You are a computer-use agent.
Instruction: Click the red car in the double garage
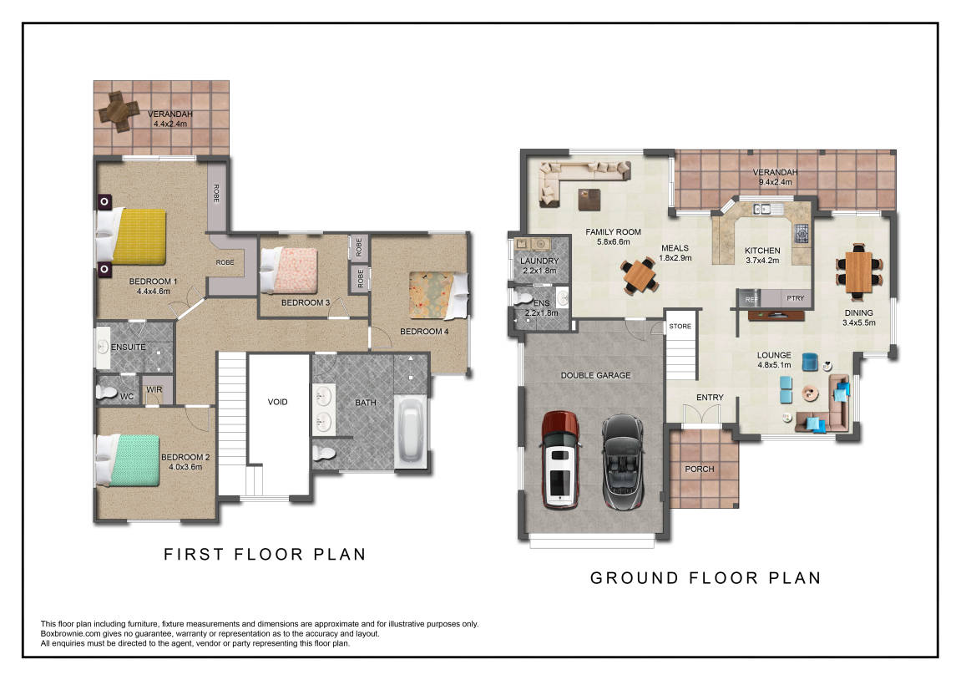(560, 459)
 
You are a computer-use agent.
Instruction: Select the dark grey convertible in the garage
(622, 462)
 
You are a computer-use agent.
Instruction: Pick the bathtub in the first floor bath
(412, 430)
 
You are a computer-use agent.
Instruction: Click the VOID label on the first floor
(278, 403)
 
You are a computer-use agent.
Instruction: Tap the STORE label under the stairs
(680, 326)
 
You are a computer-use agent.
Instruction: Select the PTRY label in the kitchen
(795, 298)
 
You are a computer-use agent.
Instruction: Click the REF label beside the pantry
(752, 299)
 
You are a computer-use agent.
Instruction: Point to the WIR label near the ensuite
(154, 389)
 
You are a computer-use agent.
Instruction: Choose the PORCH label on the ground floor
(700, 469)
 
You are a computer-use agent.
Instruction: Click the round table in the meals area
(640, 276)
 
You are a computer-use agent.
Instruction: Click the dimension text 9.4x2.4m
(776, 182)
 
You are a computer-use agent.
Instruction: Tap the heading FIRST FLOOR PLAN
(265, 555)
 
